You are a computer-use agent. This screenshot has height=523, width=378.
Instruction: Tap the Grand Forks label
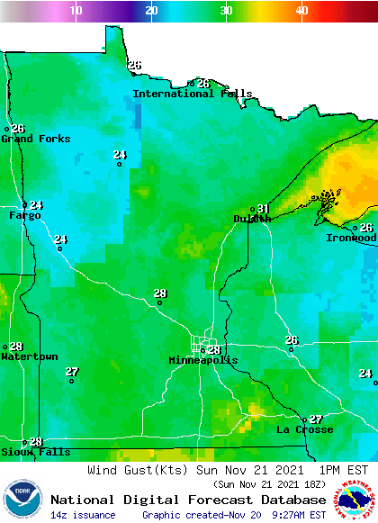coord(30,139)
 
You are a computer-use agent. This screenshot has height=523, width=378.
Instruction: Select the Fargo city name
coord(24,216)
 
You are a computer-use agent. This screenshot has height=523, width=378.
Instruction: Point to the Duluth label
coord(252,219)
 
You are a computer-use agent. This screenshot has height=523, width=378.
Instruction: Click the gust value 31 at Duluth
coord(264,209)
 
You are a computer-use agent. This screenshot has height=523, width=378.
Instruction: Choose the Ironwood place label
coord(352,238)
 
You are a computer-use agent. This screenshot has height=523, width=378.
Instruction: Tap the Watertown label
coord(29,356)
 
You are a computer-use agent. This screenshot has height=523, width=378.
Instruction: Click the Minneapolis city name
coord(203,360)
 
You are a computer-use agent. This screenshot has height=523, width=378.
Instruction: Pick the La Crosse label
coord(304,429)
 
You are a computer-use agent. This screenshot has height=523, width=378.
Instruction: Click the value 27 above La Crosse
coord(316,419)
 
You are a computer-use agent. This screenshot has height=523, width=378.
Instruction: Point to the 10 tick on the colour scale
coord(76,10)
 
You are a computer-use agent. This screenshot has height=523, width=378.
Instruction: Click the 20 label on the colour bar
coord(152,10)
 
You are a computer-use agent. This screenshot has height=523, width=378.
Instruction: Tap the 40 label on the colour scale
coord(302,10)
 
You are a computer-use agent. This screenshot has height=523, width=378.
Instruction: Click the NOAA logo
coord(22,499)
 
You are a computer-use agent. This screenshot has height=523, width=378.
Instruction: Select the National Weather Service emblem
coord(355,499)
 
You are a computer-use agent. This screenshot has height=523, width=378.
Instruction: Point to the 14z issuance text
coord(83,515)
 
